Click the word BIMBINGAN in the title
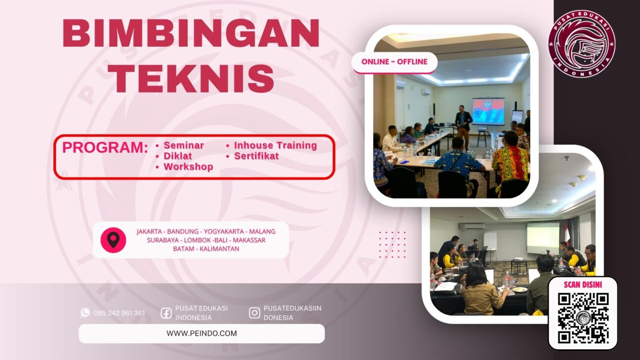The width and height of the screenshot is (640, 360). [x=191, y=33]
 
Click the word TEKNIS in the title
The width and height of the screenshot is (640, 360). [x=191, y=77]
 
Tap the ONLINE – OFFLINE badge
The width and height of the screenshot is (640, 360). [x=394, y=62]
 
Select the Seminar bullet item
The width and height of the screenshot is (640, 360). [x=183, y=145]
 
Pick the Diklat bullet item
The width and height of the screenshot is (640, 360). [x=177, y=156]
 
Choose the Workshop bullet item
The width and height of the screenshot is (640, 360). [x=188, y=167]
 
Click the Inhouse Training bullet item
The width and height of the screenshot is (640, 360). [x=275, y=145]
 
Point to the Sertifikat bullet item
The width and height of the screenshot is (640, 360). [x=256, y=156]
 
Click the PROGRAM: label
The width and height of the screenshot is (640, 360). [x=105, y=148]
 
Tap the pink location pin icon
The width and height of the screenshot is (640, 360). [x=113, y=240]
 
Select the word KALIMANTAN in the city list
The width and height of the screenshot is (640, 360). [x=220, y=249]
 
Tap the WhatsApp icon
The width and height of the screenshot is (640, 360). [x=85, y=313]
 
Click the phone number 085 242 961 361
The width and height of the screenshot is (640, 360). [x=119, y=313]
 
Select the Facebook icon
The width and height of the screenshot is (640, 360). [x=166, y=313]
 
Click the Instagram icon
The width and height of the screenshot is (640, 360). [x=255, y=313]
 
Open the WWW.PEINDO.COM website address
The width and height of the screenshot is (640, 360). [x=201, y=333]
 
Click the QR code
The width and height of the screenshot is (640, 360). [x=583, y=318]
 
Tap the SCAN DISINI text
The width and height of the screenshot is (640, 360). [x=583, y=285]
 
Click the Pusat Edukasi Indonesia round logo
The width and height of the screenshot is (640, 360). [x=581, y=43]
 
